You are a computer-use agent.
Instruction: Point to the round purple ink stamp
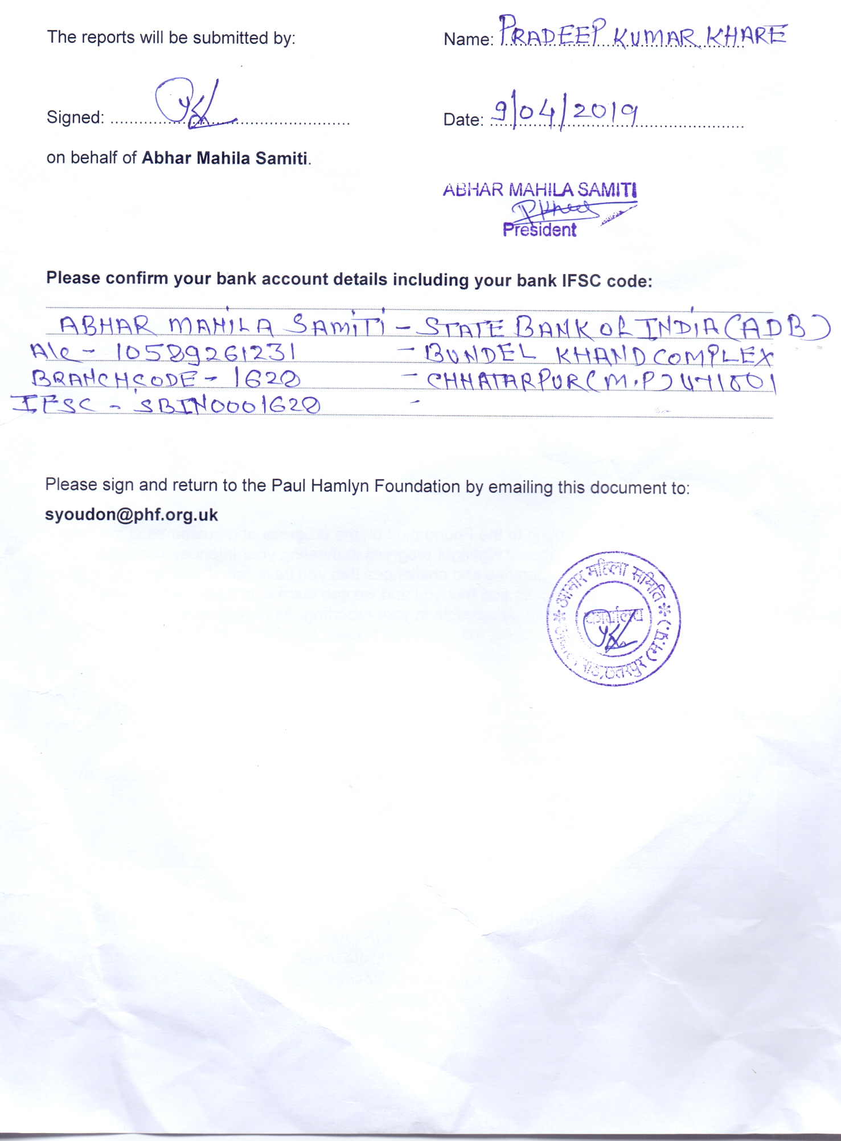click(614, 619)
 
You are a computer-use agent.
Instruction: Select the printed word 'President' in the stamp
click(539, 230)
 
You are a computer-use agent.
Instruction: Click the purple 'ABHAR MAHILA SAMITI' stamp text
click(540, 190)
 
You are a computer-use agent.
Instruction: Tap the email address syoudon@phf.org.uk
click(132, 515)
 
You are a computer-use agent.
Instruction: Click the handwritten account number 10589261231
click(206, 353)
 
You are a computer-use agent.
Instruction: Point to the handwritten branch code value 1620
click(267, 378)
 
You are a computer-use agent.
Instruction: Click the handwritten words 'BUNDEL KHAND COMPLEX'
click(598, 355)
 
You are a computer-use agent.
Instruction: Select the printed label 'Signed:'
click(75, 118)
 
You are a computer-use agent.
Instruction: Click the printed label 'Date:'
click(463, 120)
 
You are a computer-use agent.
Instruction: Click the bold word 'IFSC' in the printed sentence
click(582, 281)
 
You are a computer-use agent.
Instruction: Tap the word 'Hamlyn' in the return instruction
click(340, 486)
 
